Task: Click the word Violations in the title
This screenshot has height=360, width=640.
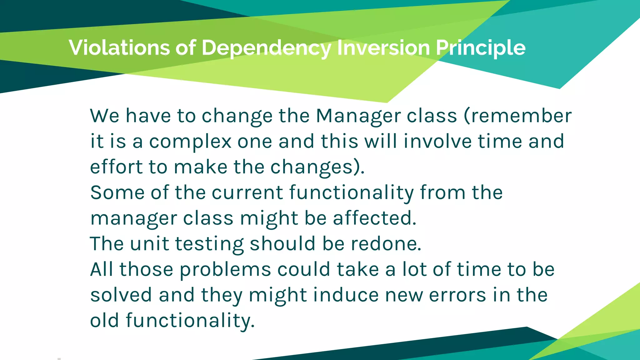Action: [119, 48]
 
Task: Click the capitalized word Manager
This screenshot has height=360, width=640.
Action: [358, 116]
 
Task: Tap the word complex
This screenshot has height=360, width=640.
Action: [190, 142]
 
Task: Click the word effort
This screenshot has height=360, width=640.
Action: [116, 167]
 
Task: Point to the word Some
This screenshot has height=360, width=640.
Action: [117, 192]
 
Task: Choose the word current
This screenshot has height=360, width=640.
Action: [247, 192]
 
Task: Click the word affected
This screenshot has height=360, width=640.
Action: [374, 218]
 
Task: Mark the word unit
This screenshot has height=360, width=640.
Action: [149, 244]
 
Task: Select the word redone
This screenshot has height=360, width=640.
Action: [386, 244]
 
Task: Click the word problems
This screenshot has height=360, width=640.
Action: [225, 270]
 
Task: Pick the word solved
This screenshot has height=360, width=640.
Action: [121, 295]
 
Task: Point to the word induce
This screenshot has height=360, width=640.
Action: [346, 295]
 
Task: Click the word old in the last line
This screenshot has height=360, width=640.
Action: [104, 321]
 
